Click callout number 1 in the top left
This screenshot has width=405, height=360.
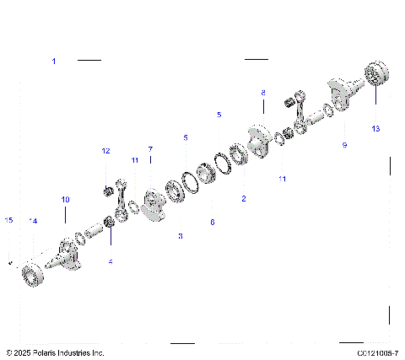(x=54, y=62)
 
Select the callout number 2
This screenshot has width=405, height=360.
(x=244, y=199)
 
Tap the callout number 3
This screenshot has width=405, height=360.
(x=180, y=237)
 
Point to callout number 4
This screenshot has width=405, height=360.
(x=110, y=261)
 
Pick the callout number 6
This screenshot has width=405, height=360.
(x=212, y=223)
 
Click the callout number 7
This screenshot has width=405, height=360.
(x=150, y=148)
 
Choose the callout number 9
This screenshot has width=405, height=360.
(x=344, y=145)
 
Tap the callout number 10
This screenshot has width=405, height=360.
(x=65, y=199)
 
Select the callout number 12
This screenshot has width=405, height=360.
(x=106, y=151)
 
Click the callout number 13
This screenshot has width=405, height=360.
(x=375, y=130)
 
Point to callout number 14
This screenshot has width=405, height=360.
(x=33, y=221)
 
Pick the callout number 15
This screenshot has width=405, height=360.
(x=9, y=221)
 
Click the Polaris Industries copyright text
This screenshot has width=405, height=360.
(x=55, y=352)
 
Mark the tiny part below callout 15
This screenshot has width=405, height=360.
(x=9, y=262)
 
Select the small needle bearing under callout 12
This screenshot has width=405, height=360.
(x=109, y=191)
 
